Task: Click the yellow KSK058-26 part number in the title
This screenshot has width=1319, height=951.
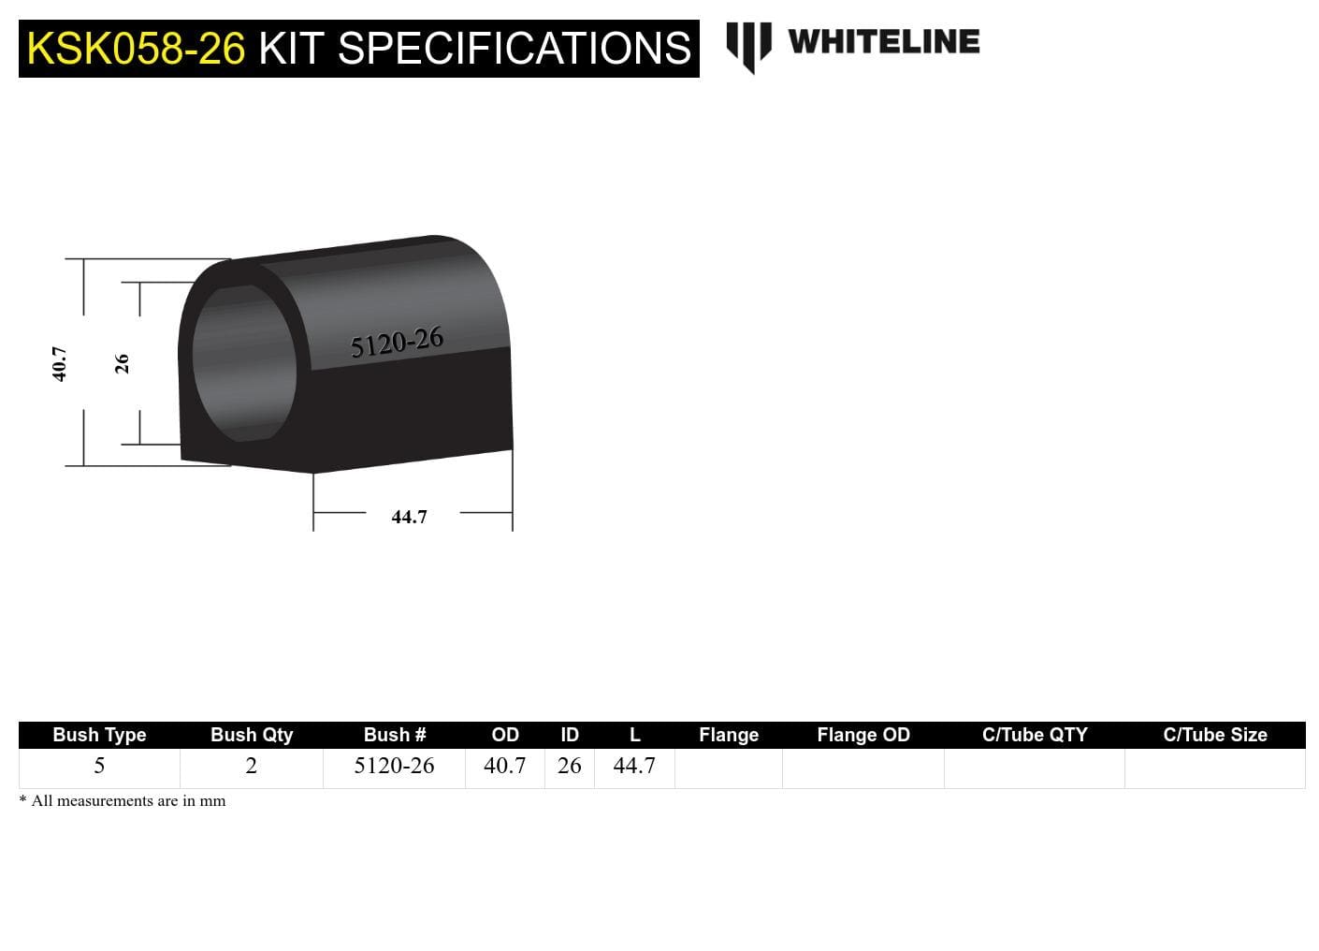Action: coord(136,49)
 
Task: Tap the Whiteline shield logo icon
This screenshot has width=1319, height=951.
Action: coord(748,46)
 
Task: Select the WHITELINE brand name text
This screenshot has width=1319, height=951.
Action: coord(883,42)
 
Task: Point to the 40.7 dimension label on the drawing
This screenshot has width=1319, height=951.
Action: coord(59,363)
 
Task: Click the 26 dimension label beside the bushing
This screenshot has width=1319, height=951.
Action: coord(122,363)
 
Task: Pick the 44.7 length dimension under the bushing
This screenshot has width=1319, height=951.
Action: coord(409,517)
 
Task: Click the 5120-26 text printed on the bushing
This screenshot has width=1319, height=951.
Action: coord(397,343)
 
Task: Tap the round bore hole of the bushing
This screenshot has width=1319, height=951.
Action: coord(243,363)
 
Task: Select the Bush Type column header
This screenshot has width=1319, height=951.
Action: coord(99,735)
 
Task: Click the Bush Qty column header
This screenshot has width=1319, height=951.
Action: coord(252,735)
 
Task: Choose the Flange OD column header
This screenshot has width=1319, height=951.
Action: coord(862,735)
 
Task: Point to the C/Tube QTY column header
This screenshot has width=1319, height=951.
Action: coord(1035,735)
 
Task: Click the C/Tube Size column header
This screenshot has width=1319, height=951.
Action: coord(1214,735)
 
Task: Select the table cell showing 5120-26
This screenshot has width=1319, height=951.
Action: coord(394,766)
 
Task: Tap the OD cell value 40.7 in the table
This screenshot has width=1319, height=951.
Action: coord(504,766)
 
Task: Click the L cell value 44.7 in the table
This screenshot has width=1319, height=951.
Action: coord(634,766)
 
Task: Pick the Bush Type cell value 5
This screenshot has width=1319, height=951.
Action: coord(99,766)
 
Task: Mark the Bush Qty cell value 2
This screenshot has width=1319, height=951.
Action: coord(251,766)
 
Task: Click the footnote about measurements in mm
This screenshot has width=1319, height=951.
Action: coord(123,801)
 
